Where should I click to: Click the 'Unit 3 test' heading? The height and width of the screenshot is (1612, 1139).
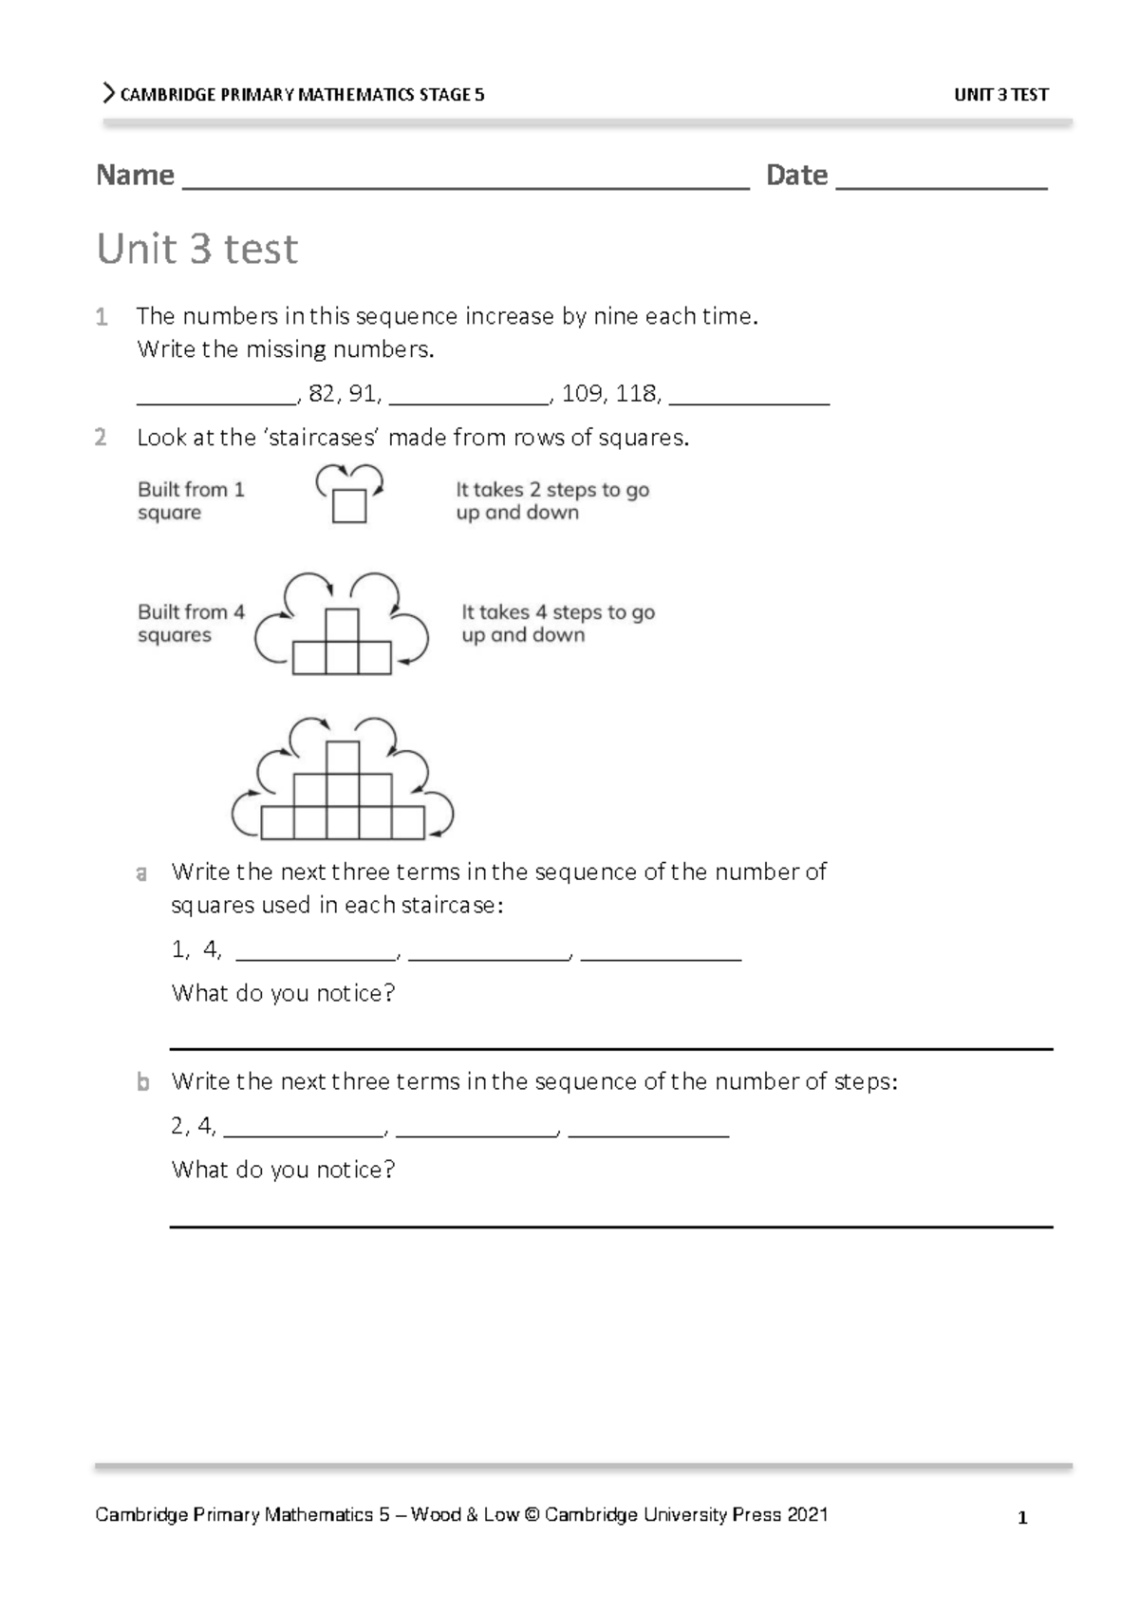coord(197,249)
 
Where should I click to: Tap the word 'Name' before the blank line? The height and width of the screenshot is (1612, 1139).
coord(135,176)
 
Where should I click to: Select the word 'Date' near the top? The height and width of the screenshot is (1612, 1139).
coord(796,176)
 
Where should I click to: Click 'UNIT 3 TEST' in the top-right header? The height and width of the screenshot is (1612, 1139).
coord(1000,95)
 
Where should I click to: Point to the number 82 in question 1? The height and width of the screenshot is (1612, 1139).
coord(322,394)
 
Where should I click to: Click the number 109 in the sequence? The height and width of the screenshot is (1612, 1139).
coord(581,394)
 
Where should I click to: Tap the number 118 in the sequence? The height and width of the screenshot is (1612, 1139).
coord(636,394)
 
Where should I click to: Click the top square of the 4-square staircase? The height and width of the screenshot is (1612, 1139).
coord(342,625)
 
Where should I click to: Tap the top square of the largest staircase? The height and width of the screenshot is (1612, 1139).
coord(343,758)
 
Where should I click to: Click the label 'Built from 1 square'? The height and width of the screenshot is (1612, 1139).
coord(191,501)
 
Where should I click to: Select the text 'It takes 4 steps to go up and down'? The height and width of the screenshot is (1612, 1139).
coord(557,624)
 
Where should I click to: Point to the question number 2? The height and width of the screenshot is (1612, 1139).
coord(101,438)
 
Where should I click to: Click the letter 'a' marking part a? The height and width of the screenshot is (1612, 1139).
coord(141,872)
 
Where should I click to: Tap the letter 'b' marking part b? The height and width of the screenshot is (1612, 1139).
coord(142,1082)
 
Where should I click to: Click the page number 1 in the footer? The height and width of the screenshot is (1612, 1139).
coord(1022,1518)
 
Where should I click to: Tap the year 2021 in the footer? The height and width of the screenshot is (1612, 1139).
coord(807,1514)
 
